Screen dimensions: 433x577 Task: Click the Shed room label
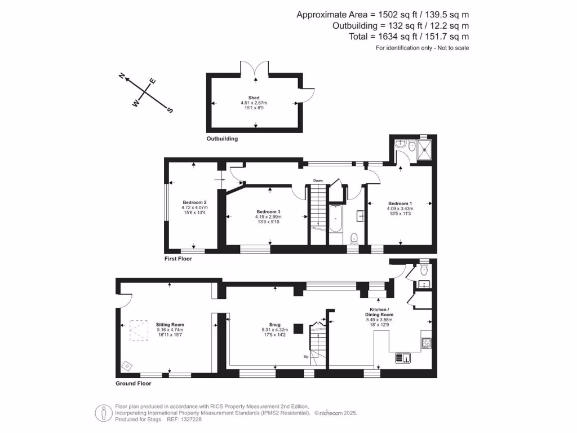click(x=254, y=98)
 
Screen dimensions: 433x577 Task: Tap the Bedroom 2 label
click(x=194, y=202)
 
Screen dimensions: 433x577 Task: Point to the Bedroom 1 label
click(x=400, y=203)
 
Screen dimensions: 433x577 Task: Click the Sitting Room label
click(x=170, y=325)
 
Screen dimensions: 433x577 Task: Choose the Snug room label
click(x=275, y=325)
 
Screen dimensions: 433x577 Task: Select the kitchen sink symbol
click(x=403, y=357)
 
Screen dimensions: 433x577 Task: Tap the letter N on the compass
click(x=121, y=76)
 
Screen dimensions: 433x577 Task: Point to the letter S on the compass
click(x=170, y=110)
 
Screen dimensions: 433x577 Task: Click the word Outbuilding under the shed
click(x=222, y=138)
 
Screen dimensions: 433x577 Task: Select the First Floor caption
click(x=178, y=259)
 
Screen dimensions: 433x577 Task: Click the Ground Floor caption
click(x=133, y=383)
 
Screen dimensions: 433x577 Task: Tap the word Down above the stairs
click(x=318, y=180)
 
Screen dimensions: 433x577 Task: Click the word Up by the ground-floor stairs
click(x=306, y=356)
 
